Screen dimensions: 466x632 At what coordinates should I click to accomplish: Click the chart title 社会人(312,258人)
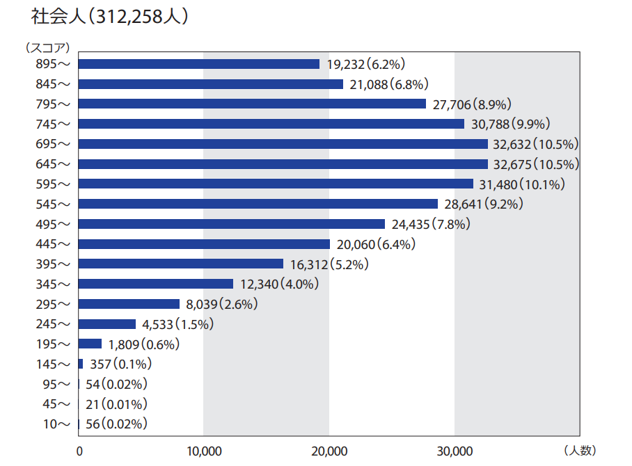pos(110,17)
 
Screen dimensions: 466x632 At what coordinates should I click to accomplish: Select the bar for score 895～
pos(199,64)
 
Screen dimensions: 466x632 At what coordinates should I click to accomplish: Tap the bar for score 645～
pos(283,164)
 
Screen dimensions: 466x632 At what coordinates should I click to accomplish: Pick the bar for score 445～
pos(205,244)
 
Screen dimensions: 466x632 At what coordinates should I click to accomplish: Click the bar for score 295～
pos(129,304)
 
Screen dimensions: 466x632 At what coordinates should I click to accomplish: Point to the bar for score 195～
pos(90,344)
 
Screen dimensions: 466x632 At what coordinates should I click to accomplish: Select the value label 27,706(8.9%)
pos(473,104)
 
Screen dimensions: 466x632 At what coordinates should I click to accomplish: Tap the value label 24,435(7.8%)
pos(432,224)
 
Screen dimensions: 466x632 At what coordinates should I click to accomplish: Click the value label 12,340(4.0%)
pos(280,284)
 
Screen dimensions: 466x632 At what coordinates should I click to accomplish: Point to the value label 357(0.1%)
pos(121,364)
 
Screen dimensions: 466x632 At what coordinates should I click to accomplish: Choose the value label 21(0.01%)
pos(116,404)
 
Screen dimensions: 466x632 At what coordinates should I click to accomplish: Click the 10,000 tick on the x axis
pos(203,451)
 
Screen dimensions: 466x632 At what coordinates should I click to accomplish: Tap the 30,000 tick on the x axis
pos(454,451)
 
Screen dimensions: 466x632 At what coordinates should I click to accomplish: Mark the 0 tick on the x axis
pos(79,451)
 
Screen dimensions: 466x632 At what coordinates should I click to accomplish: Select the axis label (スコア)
pos(48,47)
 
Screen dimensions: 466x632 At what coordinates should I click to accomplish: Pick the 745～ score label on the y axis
pos(53,124)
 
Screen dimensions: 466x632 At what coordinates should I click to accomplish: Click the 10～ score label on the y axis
pos(56,424)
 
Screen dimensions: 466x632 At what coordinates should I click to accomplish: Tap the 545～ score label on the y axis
pos(53,204)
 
